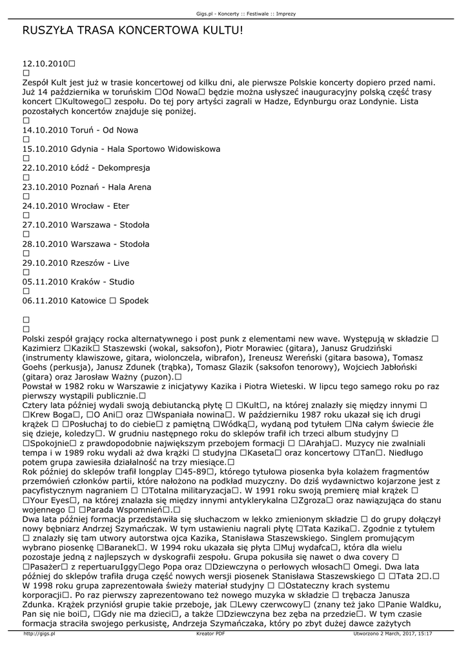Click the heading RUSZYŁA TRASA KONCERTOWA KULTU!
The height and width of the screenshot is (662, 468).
coord(133,30)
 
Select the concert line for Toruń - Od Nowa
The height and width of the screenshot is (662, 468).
coord(80,130)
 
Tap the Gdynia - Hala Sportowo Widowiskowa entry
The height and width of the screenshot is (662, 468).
coord(121,149)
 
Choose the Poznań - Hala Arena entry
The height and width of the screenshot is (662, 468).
coord(86,187)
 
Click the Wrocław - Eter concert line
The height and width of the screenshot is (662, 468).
coord(76,206)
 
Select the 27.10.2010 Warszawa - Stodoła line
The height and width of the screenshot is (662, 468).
coord(85,225)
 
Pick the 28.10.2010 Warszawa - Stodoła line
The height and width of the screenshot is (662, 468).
coord(85,244)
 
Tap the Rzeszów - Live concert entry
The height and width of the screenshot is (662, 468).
coord(76,263)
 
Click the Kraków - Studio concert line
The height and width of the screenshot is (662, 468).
coord(78,282)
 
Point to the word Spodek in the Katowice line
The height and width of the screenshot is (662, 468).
coord(134,301)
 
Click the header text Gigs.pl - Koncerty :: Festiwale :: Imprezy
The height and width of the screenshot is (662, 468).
coord(234,13)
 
